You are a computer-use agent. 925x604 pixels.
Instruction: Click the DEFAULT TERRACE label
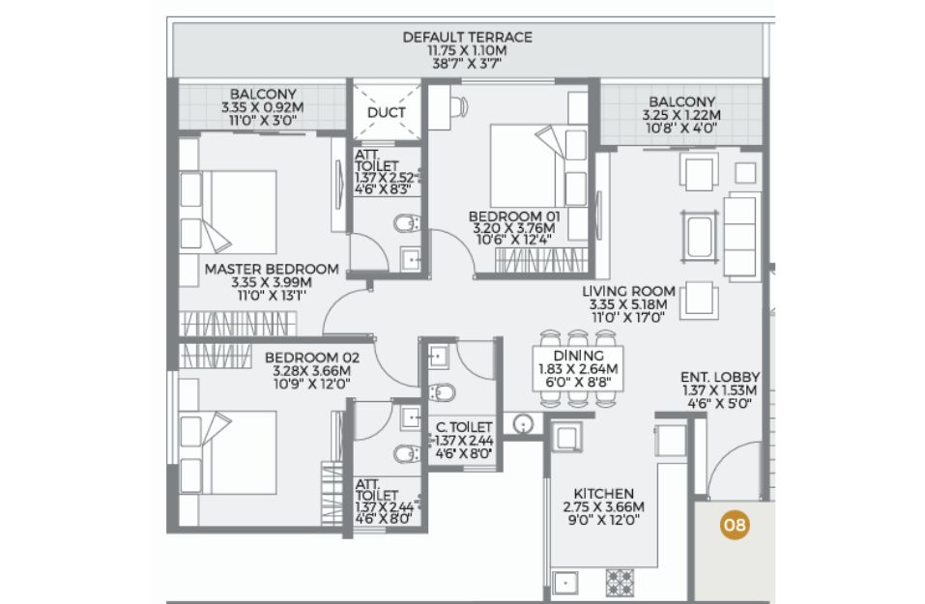467,37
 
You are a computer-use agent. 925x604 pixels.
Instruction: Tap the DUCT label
387,112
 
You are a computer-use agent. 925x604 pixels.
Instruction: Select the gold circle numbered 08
735,525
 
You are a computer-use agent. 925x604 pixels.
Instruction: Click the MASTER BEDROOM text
272,269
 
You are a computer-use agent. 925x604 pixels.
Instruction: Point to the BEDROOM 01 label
514,216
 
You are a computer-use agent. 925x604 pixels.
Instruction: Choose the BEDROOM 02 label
312,358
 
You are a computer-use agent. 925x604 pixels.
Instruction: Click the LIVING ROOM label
629,292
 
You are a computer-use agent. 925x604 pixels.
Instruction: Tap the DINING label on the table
579,356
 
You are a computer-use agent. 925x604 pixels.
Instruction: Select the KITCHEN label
604,494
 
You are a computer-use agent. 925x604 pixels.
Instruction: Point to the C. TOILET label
464,427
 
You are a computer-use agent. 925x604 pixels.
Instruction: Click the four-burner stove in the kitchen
620,582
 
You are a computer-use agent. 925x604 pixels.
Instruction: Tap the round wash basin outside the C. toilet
523,423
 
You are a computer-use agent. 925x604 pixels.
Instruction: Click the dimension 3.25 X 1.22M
681,116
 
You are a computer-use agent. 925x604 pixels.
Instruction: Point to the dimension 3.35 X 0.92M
263,107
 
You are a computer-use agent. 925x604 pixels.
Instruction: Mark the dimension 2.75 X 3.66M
603,507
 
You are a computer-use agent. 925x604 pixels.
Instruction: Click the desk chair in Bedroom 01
458,106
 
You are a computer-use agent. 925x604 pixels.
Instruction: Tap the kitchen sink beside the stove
565,583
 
